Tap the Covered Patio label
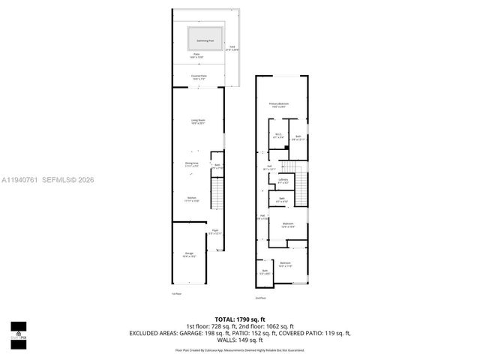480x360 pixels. [x=199, y=76]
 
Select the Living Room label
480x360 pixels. [x=197, y=122]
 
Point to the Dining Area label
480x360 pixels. [x=192, y=163]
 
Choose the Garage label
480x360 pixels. [x=189, y=255]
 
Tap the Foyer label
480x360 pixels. [x=214, y=232]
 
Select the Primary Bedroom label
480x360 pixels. [x=279, y=104]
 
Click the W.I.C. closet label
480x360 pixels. [x=278, y=136]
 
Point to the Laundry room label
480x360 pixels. [x=283, y=181]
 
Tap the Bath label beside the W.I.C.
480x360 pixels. [x=298, y=137]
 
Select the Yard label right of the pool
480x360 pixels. [x=232, y=48]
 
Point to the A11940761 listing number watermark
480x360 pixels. [x=20, y=180]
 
